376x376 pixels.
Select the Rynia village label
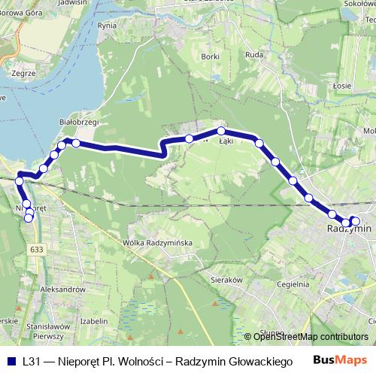pyautogui.click(x=108, y=26)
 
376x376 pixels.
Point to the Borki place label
pyautogui.click(x=211, y=56)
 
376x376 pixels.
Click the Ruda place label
pyautogui.click(x=254, y=54)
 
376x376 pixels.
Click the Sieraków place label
pyautogui.click(x=226, y=279)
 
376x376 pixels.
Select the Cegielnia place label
pyautogui.click(x=293, y=284)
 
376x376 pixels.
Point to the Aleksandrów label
pyautogui.click(x=63, y=289)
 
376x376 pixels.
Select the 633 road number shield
pyautogui.click(x=38, y=248)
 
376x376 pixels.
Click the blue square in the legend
pyautogui.click(x=11, y=361)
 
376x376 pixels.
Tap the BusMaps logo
pyautogui.click(x=341, y=361)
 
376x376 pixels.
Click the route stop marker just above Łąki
pyautogui.click(x=221, y=131)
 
